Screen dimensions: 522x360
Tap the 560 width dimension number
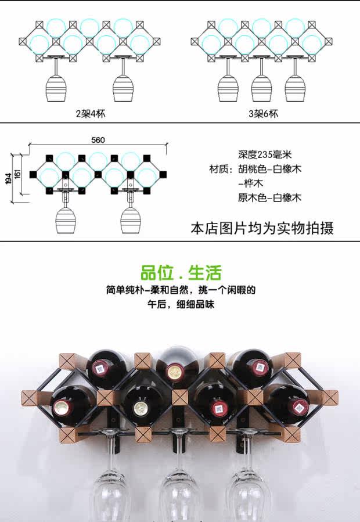(98, 140)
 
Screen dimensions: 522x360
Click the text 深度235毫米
(264, 154)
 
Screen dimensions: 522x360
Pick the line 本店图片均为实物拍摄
(262, 228)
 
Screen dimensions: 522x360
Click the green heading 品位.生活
(181, 272)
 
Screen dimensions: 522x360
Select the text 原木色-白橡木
(269, 197)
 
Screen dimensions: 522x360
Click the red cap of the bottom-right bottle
(299, 406)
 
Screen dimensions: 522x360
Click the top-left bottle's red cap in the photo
(101, 368)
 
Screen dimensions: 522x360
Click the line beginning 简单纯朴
(181, 289)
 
